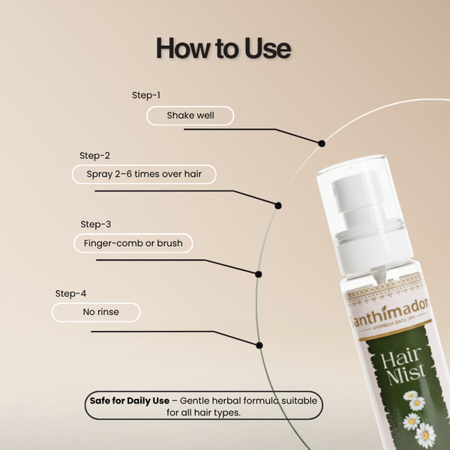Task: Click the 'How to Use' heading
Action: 223,48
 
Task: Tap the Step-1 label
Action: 146,95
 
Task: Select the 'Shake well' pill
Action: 190,115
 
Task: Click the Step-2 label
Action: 94,155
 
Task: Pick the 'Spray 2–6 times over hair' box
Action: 144,175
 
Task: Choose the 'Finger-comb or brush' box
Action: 133,244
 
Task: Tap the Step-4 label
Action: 70,293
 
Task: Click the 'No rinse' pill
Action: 95,312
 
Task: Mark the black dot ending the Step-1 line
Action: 322,142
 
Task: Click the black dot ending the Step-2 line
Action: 278,205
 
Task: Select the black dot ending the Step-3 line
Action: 259,274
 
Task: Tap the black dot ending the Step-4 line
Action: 259,345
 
